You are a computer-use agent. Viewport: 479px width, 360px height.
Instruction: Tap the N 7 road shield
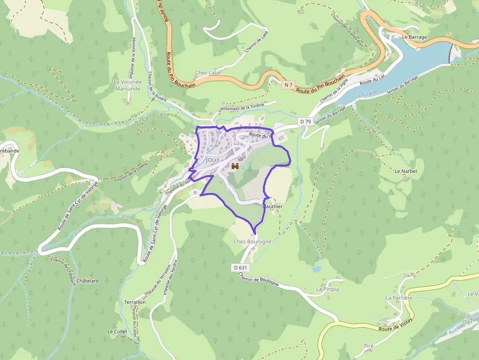(x=289, y=85)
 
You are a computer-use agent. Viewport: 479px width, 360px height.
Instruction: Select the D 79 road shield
(x=305, y=121)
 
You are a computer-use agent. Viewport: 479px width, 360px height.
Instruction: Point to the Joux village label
(x=213, y=160)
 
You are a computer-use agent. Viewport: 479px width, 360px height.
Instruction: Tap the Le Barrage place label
(x=414, y=37)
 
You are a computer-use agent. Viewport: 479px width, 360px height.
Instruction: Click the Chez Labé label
(x=208, y=73)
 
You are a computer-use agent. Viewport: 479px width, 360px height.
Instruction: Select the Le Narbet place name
(x=404, y=171)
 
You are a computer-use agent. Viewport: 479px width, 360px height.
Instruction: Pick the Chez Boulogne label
(x=252, y=241)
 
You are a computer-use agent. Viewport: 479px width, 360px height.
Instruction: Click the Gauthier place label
(x=273, y=207)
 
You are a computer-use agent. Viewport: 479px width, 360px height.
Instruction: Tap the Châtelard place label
(x=87, y=281)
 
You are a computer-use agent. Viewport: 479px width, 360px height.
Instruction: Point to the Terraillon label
(x=135, y=302)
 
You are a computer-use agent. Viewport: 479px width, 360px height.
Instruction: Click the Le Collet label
(x=117, y=331)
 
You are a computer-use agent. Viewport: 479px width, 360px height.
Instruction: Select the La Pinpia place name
(x=327, y=289)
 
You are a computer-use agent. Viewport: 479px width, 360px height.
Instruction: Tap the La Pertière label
(x=399, y=297)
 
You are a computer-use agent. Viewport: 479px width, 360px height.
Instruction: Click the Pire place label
(x=369, y=346)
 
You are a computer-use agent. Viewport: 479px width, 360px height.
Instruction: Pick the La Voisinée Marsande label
(x=128, y=85)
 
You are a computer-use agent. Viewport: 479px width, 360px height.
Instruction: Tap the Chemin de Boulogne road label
(x=259, y=279)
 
